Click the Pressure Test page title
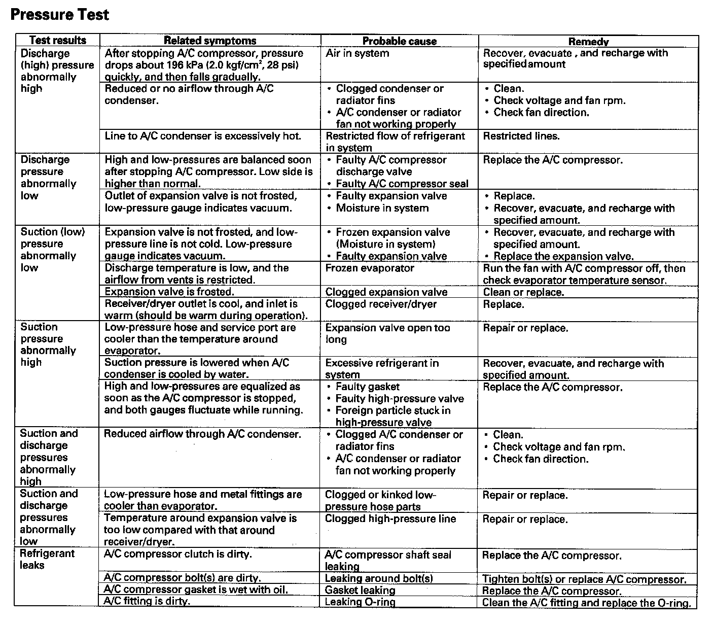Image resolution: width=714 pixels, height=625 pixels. (x=59, y=14)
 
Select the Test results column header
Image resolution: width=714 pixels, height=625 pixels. (x=58, y=41)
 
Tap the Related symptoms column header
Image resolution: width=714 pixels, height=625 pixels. (x=210, y=41)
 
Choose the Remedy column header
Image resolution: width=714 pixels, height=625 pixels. (x=588, y=42)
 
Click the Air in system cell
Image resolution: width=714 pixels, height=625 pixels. (x=358, y=53)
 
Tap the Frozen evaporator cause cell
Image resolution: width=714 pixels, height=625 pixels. (x=370, y=268)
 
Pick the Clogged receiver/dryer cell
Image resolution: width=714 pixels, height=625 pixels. (x=381, y=304)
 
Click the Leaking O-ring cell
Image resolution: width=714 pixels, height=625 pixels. (x=360, y=602)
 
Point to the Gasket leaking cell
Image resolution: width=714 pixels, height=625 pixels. (x=360, y=591)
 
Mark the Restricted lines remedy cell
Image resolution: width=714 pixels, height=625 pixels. (x=521, y=136)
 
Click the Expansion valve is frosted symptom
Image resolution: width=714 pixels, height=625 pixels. (x=169, y=292)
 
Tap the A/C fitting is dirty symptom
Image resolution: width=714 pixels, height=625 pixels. (x=147, y=601)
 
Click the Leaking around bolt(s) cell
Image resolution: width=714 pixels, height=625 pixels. (x=379, y=578)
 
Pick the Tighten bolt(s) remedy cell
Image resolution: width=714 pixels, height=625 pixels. (x=584, y=579)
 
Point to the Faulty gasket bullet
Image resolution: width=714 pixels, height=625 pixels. (x=368, y=387)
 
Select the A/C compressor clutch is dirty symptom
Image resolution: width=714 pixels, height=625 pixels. (x=177, y=554)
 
